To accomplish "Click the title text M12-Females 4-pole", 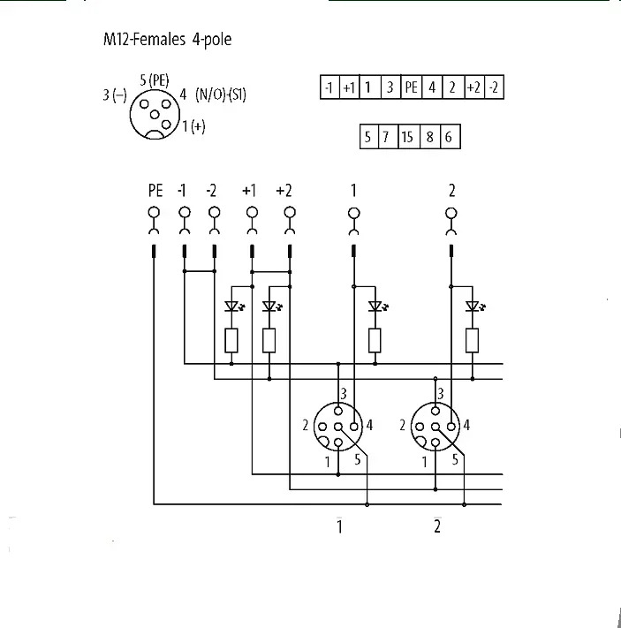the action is click(x=168, y=39).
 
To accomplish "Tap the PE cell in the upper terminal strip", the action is click(x=411, y=87).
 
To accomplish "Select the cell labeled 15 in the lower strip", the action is click(x=408, y=137).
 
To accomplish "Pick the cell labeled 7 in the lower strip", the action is click(x=387, y=137).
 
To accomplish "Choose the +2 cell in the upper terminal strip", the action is click(x=474, y=87).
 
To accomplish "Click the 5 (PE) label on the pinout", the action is click(x=155, y=80).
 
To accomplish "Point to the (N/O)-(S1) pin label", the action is click(x=220, y=95).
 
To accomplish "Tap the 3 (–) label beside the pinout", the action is click(x=115, y=95).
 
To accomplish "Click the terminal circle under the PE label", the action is click(x=154, y=212).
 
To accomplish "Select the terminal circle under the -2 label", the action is click(x=215, y=212).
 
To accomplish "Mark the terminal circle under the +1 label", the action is click(x=252, y=212).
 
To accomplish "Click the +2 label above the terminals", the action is click(x=284, y=191).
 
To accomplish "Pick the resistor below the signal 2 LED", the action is click(x=472, y=340).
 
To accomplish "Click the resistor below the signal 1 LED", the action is click(x=375, y=340).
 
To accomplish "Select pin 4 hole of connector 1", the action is click(x=353, y=427).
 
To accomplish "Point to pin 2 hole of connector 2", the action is click(x=420, y=427).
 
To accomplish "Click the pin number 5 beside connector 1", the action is click(x=358, y=459).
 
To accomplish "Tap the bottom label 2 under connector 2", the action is click(x=437, y=526).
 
